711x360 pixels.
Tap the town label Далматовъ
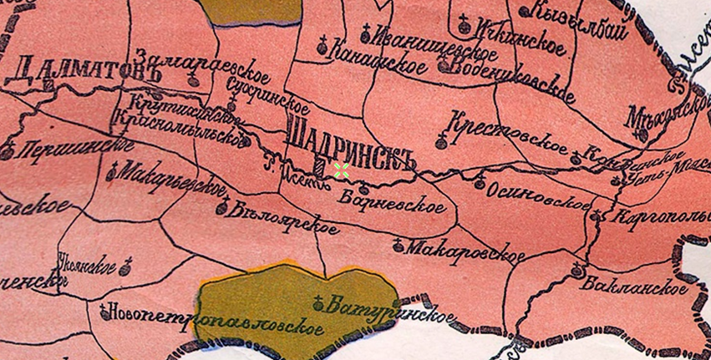pyautogui.click(x=74, y=69)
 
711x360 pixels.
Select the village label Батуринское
pyautogui.click(x=393, y=310)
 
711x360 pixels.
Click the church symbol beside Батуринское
pyautogui.click(x=318, y=302)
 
